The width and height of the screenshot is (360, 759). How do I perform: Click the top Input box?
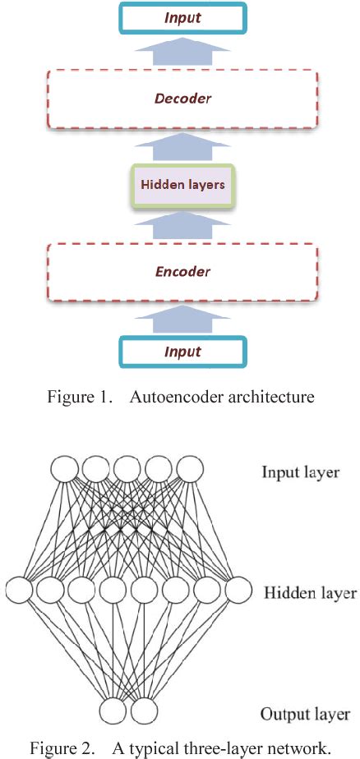coord(182,17)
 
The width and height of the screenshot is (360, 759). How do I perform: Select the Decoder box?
coord(182,98)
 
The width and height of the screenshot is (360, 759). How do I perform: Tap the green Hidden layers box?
coord(182,185)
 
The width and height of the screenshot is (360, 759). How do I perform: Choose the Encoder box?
coord(182,271)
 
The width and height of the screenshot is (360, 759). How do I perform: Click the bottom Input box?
coord(182,352)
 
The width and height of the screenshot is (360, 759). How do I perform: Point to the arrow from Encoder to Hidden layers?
coord(182,225)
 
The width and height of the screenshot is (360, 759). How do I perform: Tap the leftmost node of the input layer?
coord(65,471)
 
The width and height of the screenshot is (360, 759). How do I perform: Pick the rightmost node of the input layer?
coord(189,471)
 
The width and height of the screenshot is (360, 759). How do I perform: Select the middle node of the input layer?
coord(127,471)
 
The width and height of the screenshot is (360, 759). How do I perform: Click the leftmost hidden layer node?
coord(18,589)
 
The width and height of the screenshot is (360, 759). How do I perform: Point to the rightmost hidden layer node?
coord(238,589)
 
